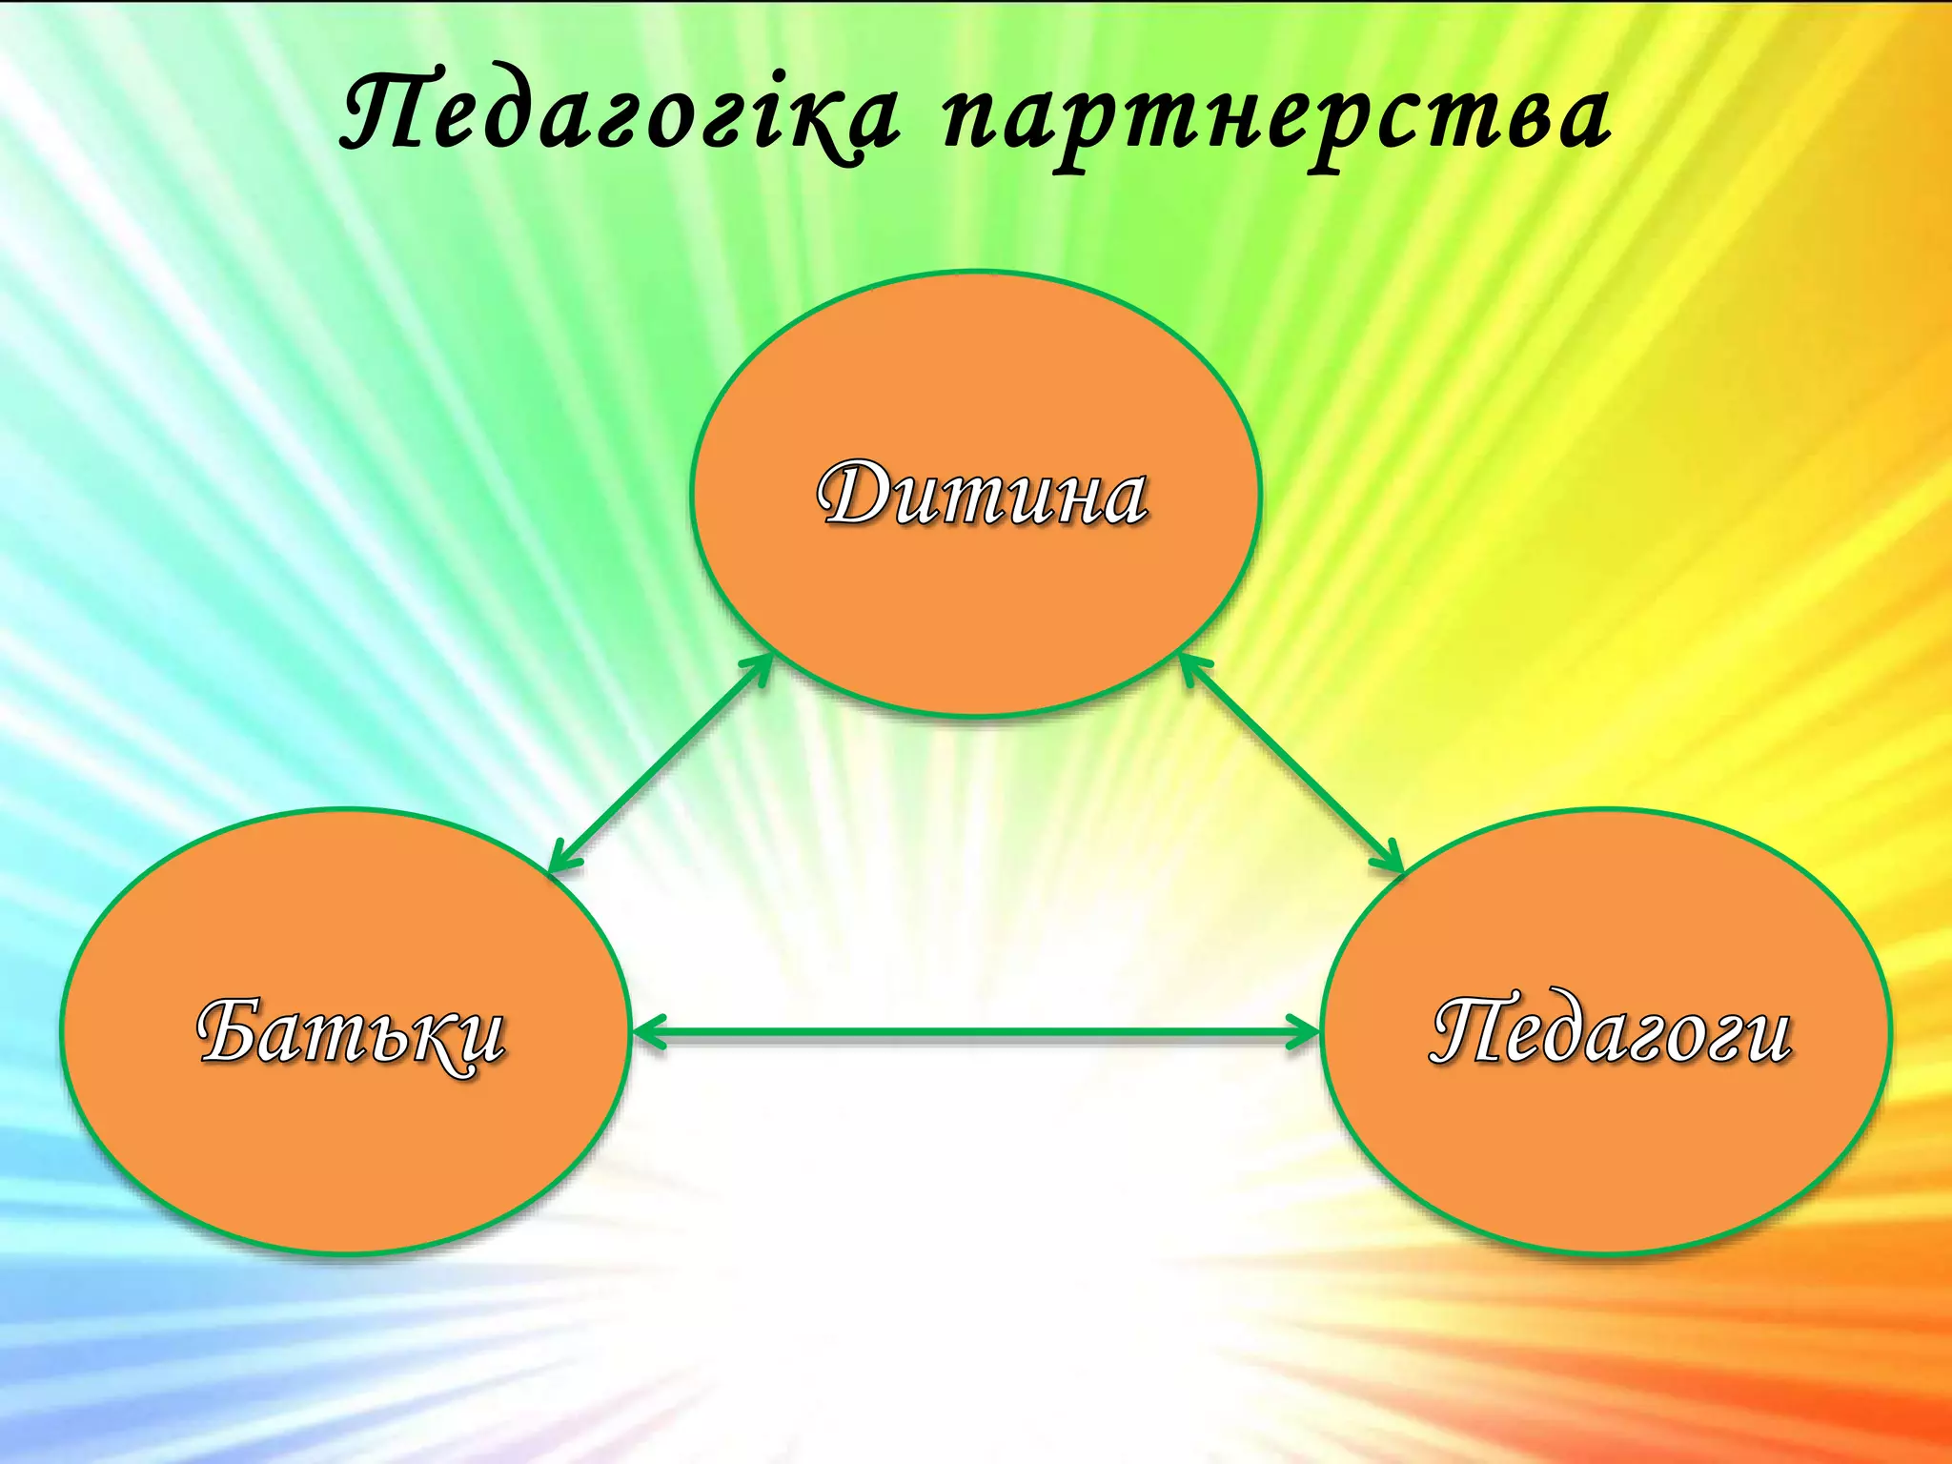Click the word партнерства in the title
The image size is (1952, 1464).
(x=1277, y=119)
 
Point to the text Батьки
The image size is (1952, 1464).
(x=351, y=1033)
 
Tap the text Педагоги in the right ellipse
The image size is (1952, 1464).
(x=1611, y=1031)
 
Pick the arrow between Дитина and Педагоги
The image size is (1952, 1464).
(x=1291, y=762)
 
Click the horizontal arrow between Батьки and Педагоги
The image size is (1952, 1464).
(x=976, y=1031)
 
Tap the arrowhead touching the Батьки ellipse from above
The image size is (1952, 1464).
(x=563, y=858)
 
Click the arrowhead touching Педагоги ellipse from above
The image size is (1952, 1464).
(x=1390, y=858)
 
